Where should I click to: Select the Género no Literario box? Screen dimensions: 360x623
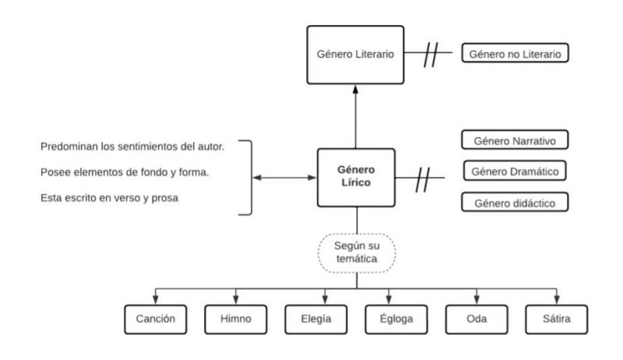click(x=515, y=55)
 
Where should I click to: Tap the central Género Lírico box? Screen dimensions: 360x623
click(x=357, y=178)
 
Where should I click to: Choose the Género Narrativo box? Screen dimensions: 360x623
click(x=515, y=141)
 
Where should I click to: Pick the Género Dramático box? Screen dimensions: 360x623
click(x=515, y=171)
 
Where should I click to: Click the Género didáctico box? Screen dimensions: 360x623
click(x=515, y=203)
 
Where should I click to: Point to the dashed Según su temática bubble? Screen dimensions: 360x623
click(x=357, y=252)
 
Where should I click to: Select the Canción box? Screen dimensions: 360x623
click(x=155, y=319)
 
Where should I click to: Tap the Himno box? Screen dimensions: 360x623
click(x=236, y=319)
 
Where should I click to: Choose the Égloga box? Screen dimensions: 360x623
click(x=397, y=319)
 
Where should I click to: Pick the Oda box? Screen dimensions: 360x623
click(x=477, y=319)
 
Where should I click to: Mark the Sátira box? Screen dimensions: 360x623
click(x=558, y=319)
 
